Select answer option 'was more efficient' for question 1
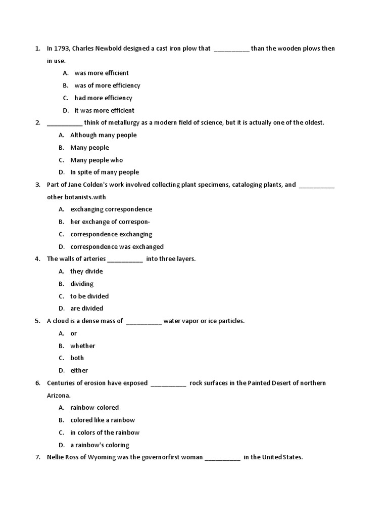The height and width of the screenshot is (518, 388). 102,73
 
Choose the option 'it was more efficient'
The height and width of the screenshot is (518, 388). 104,110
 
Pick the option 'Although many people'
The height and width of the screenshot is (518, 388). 103,135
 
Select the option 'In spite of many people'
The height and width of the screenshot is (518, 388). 105,172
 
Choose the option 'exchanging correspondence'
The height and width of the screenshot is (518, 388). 111,209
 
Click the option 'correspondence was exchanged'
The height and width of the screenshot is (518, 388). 117,247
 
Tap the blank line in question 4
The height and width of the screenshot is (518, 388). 125,260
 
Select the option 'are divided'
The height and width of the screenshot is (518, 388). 86,308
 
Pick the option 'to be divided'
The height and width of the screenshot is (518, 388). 89,296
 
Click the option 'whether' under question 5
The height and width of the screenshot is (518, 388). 83,346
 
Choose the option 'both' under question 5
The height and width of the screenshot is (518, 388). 77,358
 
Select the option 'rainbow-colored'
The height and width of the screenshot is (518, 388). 94,407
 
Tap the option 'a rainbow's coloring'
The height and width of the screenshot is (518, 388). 100,445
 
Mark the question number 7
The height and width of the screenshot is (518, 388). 37,457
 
